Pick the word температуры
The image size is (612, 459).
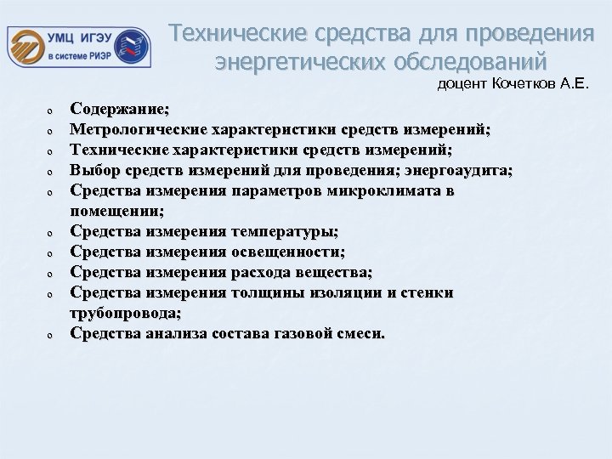pyautogui.click(x=282, y=231)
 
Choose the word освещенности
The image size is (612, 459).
pyautogui.click(x=287, y=252)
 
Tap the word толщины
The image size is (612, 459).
pyautogui.click(x=269, y=292)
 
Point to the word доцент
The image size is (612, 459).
pyautogui.click(x=459, y=83)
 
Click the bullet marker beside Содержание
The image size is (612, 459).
pyautogui.click(x=51, y=110)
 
